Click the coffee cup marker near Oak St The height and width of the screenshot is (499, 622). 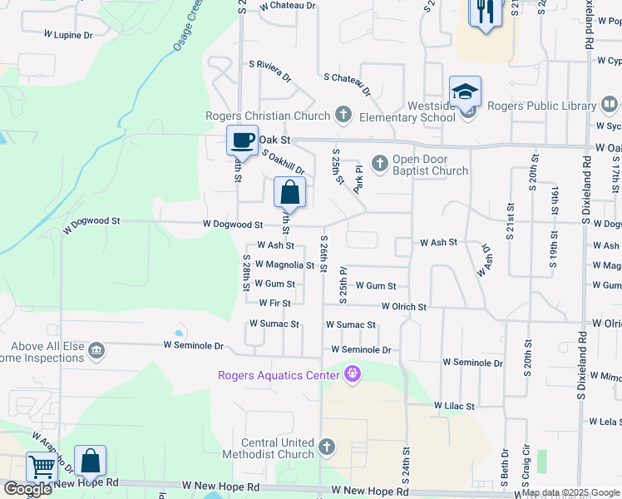click(x=242, y=140)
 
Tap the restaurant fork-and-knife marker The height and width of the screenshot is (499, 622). click(x=484, y=12)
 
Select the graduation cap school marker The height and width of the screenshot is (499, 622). click(x=465, y=91)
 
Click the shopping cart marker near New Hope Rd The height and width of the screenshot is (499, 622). click(x=42, y=467)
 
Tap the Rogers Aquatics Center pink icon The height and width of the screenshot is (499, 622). click(x=353, y=375)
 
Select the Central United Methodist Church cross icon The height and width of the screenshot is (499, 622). click(x=326, y=448)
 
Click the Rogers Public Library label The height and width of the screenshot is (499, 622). click(x=541, y=106)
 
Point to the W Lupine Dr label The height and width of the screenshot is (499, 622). click(x=68, y=35)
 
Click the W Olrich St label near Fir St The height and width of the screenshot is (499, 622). click(x=404, y=307)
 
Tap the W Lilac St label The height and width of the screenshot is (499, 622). click(x=453, y=406)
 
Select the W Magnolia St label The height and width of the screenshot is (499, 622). click(x=284, y=264)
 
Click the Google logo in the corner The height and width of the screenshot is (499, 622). click(x=27, y=489)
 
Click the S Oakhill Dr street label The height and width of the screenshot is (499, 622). click(x=284, y=161)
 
